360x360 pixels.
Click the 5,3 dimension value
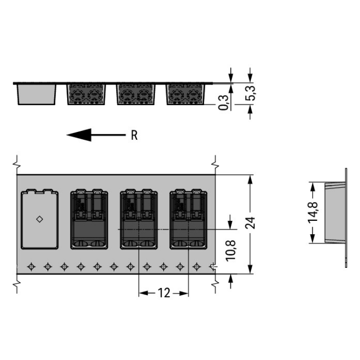pyautogui.click(x=250, y=93)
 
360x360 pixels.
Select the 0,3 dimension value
pyautogui.click(x=223, y=102)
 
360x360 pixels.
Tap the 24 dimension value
pyautogui.click(x=250, y=223)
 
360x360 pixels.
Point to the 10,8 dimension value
pyautogui.click(x=230, y=251)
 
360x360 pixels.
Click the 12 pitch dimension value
pyautogui.click(x=164, y=293)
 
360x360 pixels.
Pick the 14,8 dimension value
pyautogui.click(x=312, y=212)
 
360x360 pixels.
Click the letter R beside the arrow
pyautogui.click(x=134, y=135)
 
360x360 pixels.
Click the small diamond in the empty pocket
pyautogui.click(x=39, y=219)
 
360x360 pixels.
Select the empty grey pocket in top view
pyautogui.click(x=39, y=219)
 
